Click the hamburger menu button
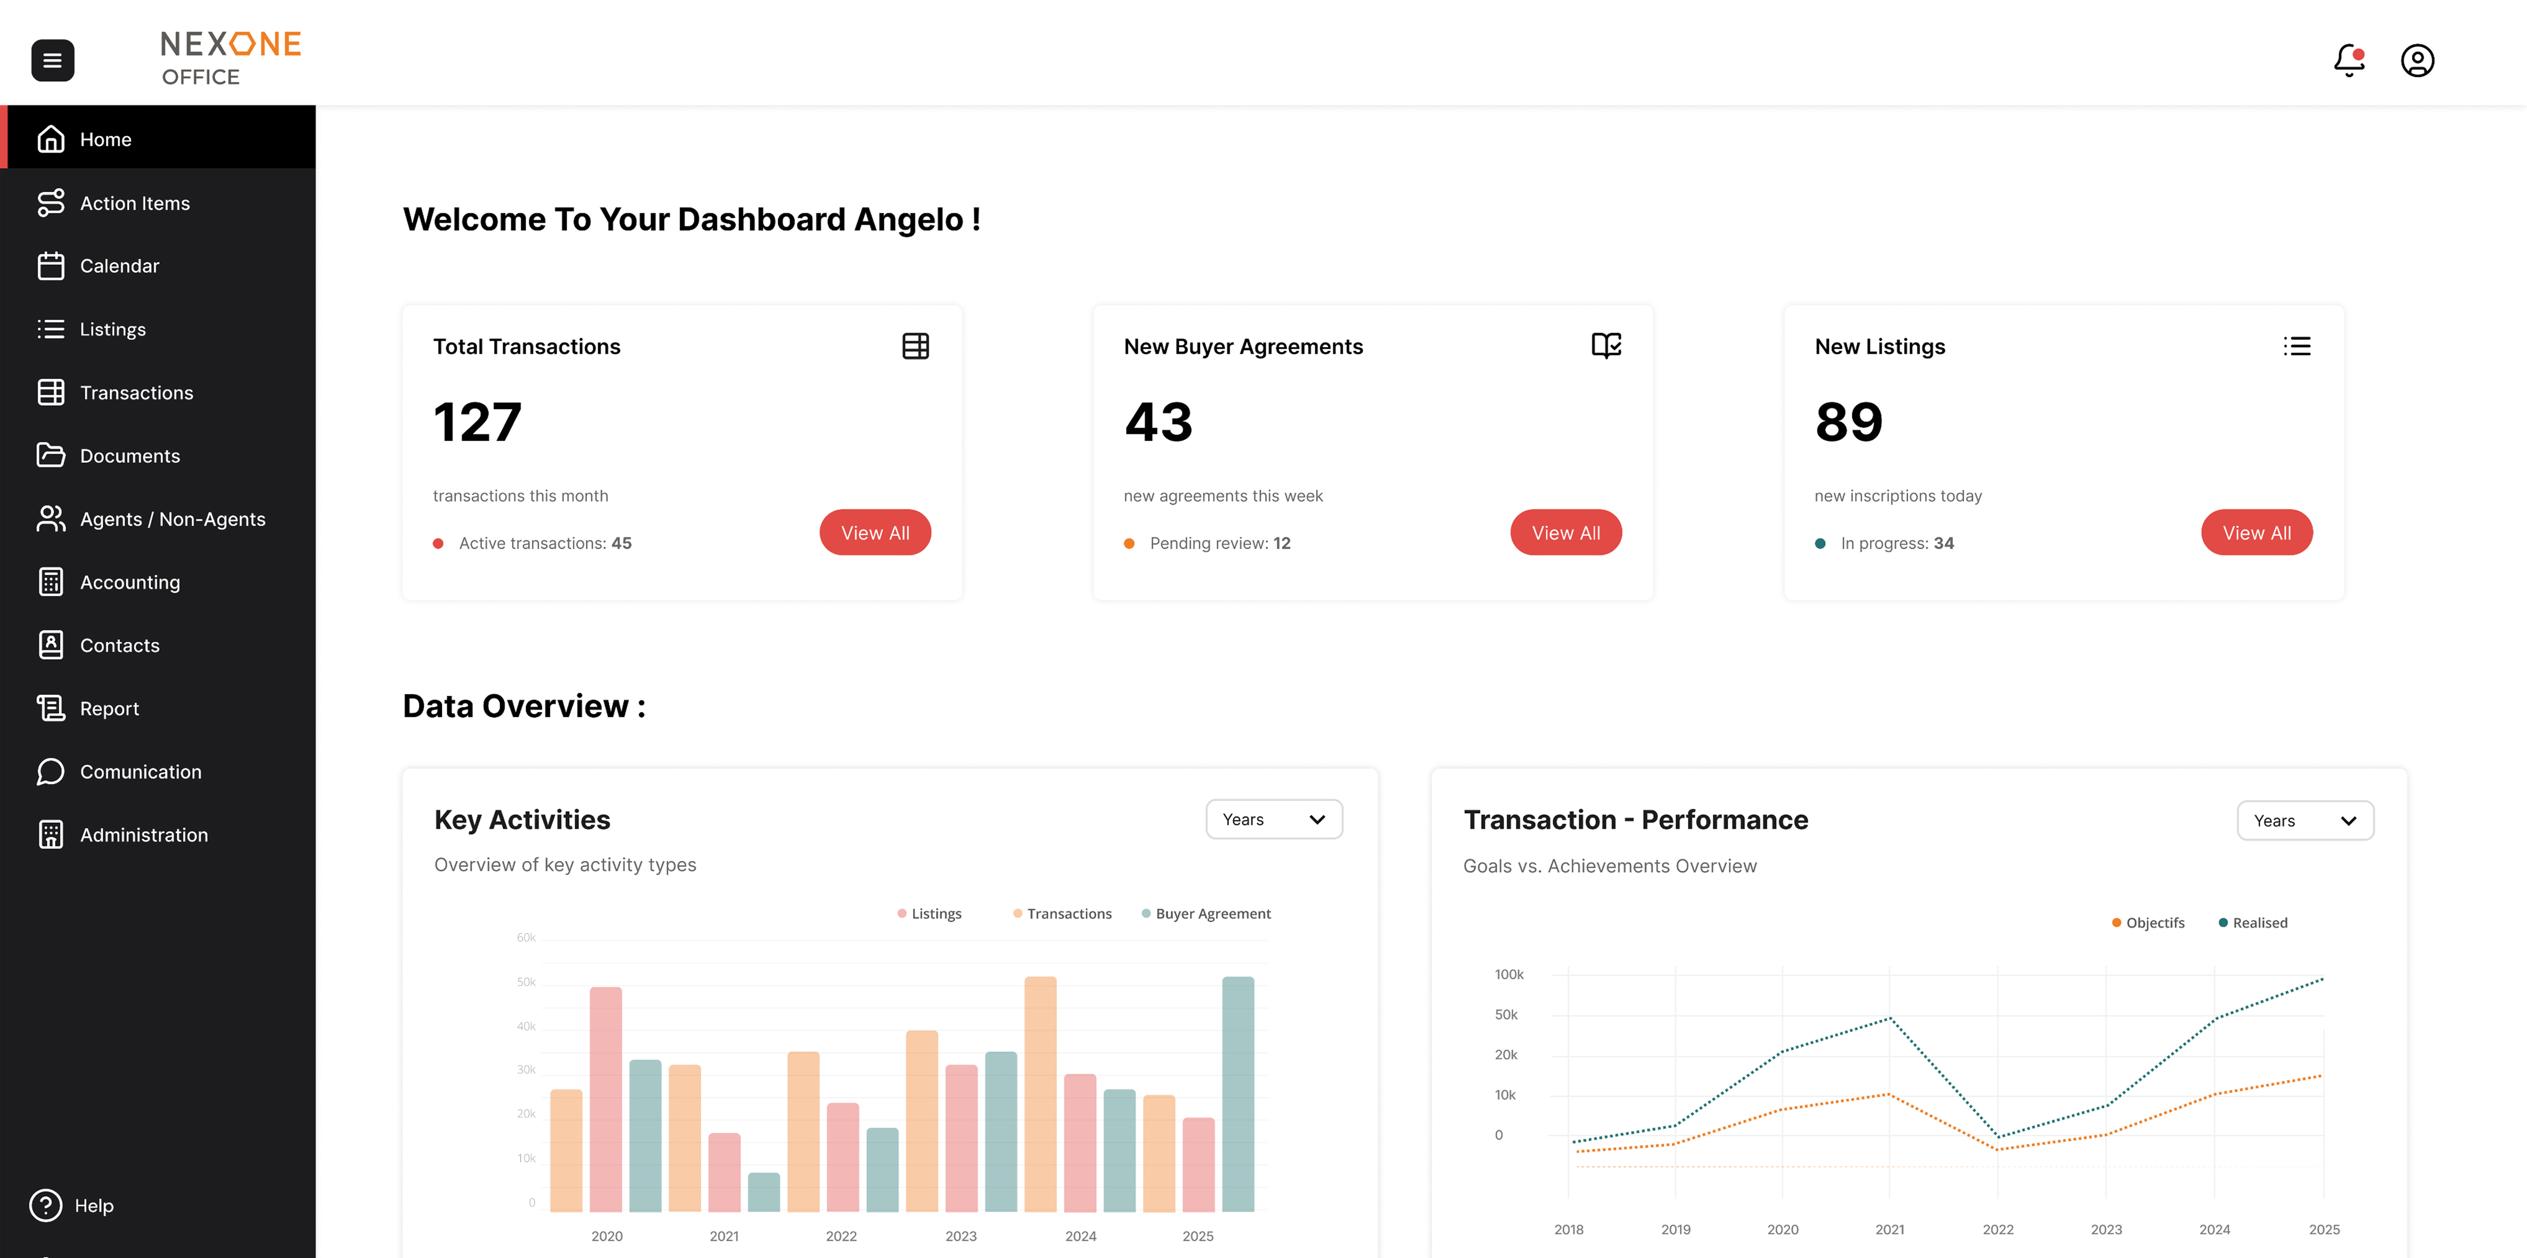coord(53,61)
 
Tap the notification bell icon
coord(2349,61)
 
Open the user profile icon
coord(2417,61)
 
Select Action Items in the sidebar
coord(134,203)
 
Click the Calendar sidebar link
coord(119,265)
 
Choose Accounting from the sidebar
coord(129,582)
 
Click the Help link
coord(93,1205)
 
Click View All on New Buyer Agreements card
coord(1565,533)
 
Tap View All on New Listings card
coord(2256,533)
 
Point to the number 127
coord(478,422)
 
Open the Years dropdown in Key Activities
coord(1273,819)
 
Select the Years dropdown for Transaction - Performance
coord(2304,821)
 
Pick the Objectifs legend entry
coord(2154,923)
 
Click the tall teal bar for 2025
coord(1238,1094)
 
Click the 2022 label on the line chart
coord(1997,1230)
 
